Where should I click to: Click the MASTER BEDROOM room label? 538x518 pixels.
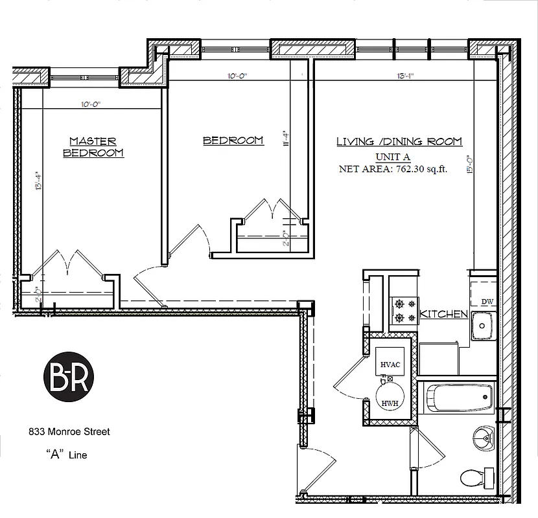(93, 147)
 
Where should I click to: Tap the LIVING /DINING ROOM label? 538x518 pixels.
(399, 142)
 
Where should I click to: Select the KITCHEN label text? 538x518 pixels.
(444, 314)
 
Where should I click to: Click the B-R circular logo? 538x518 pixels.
(69, 375)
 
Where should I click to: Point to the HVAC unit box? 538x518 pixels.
(390, 365)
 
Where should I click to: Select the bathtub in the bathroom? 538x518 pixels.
(460, 397)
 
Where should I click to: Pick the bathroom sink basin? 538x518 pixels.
(482, 438)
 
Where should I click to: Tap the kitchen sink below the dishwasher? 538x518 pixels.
(482, 325)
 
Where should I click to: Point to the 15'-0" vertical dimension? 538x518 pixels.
(469, 163)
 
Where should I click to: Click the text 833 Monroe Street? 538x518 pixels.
(69, 431)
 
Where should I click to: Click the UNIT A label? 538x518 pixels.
(393, 157)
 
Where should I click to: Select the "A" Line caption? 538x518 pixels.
(67, 455)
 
